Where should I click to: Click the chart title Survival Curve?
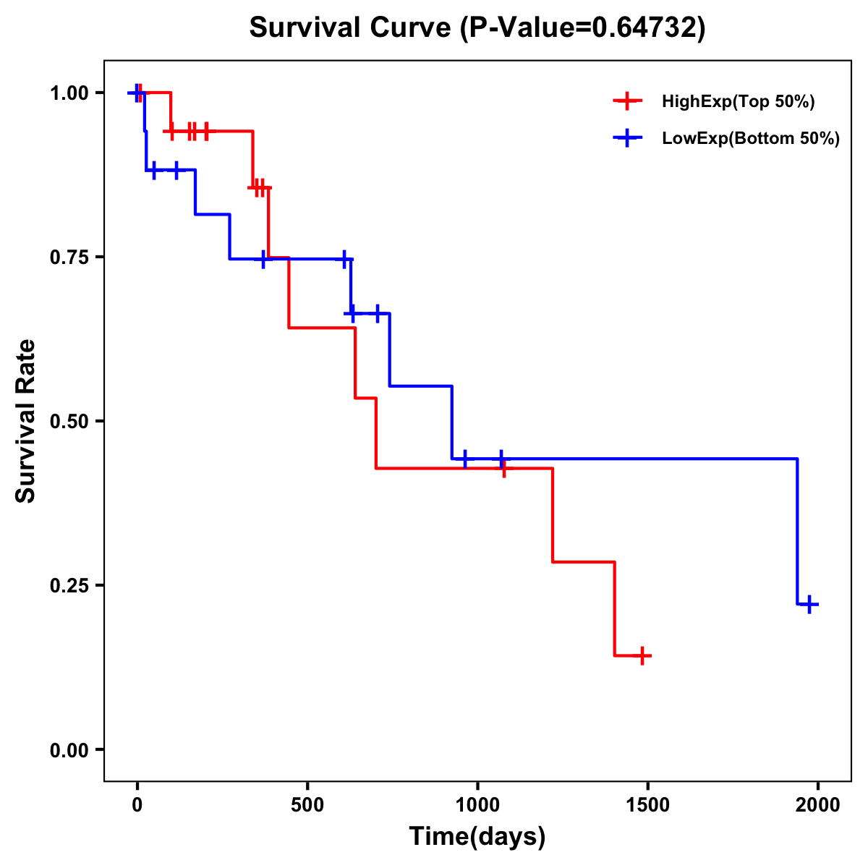tap(353, 28)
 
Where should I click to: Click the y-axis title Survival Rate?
tap(26, 421)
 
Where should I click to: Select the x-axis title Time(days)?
tap(477, 837)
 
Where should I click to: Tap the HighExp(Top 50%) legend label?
tap(738, 102)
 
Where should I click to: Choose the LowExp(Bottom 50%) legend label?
tap(751, 139)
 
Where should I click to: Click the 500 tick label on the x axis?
tap(307, 805)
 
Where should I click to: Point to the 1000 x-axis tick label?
tap(477, 805)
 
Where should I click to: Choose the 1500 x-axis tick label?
tap(647, 805)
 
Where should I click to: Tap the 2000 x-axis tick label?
tap(817, 805)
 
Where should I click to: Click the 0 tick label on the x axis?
tap(137, 805)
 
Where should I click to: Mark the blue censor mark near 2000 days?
tap(809, 604)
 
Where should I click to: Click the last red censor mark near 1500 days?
tap(642, 656)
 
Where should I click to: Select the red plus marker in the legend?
tap(628, 102)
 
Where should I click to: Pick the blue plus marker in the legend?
tap(628, 139)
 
